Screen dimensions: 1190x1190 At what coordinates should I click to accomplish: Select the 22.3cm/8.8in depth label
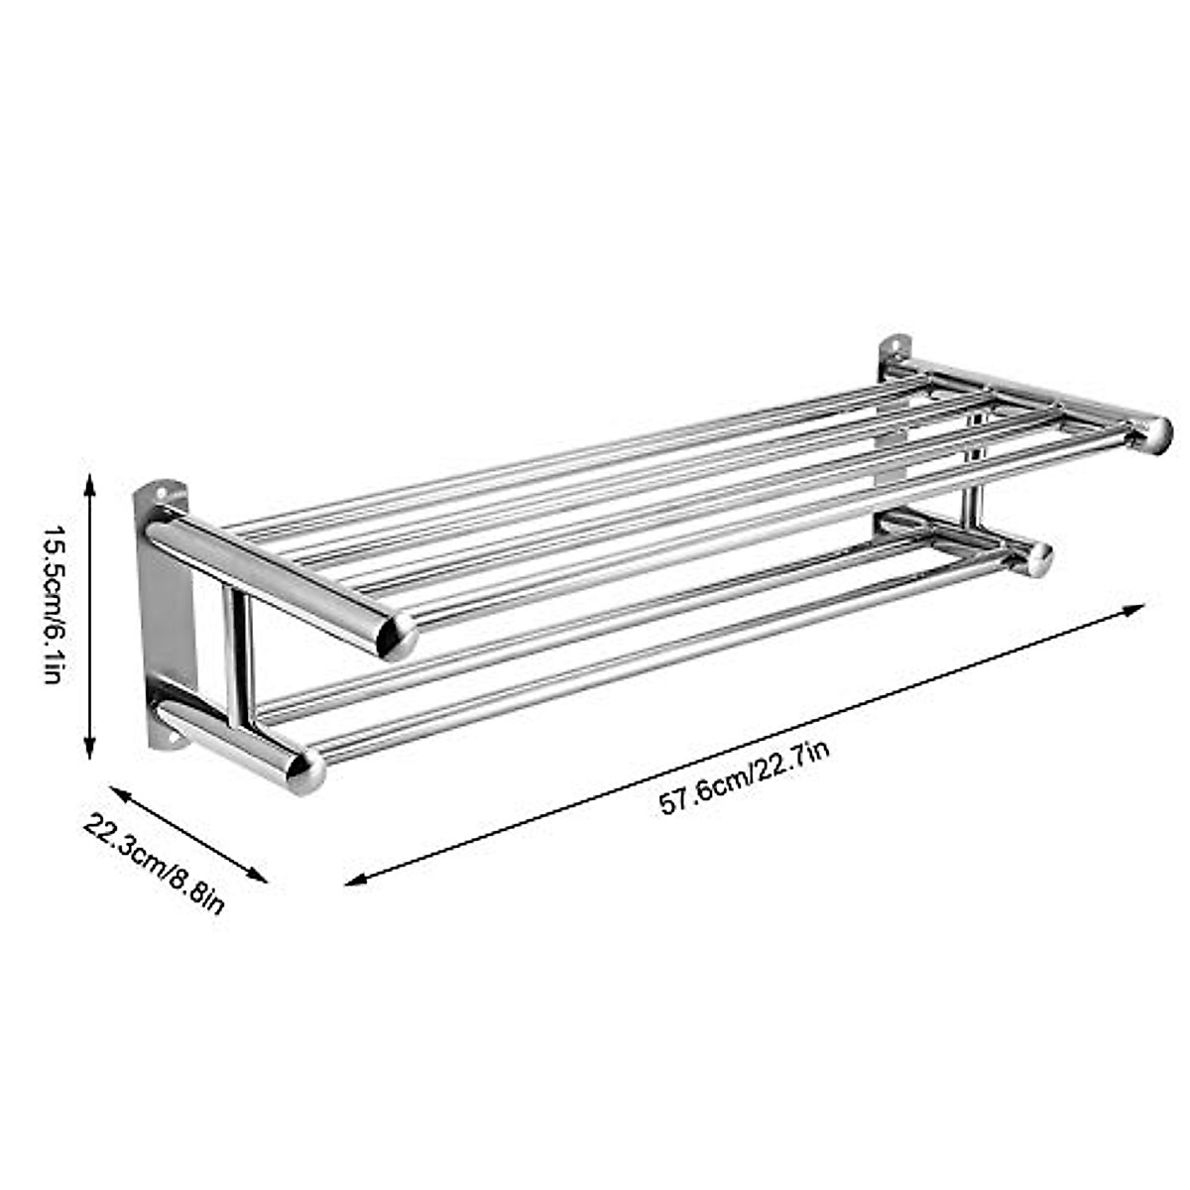(155, 850)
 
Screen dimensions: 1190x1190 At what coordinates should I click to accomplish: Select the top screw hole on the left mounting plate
(155, 490)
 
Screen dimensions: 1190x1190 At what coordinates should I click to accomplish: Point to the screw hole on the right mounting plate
(897, 346)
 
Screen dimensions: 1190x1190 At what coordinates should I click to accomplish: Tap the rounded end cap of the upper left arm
(399, 636)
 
